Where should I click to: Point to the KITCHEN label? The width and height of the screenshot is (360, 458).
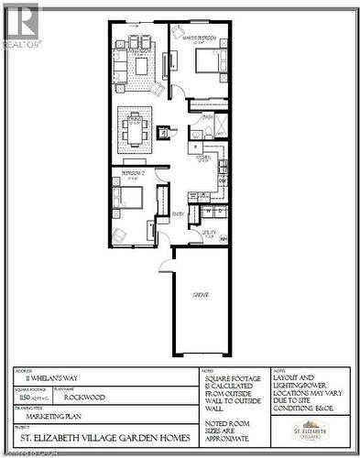[x=203, y=158]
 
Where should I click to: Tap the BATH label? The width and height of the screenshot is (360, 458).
[x=207, y=117]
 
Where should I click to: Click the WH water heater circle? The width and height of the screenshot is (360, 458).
[x=223, y=239]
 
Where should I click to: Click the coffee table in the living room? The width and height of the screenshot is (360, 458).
[x=140, y=66]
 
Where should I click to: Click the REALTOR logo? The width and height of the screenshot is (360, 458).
[x=20, y=24]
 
